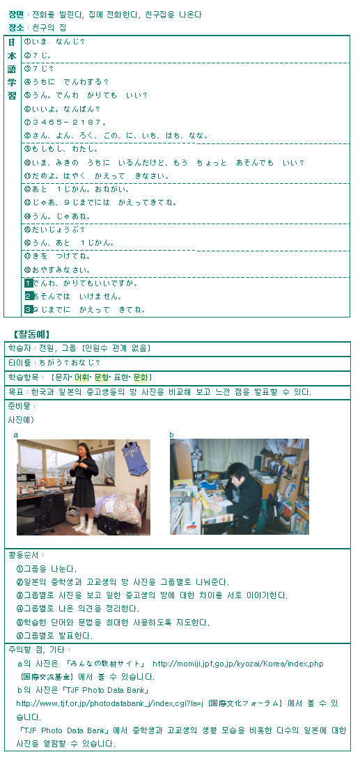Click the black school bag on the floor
[108, 524]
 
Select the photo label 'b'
[172, 435]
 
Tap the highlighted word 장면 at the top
[16, 15]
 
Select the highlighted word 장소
[16, 27]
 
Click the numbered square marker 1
[29, 283]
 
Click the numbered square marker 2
[29, 296]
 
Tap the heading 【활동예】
[32, 334]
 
